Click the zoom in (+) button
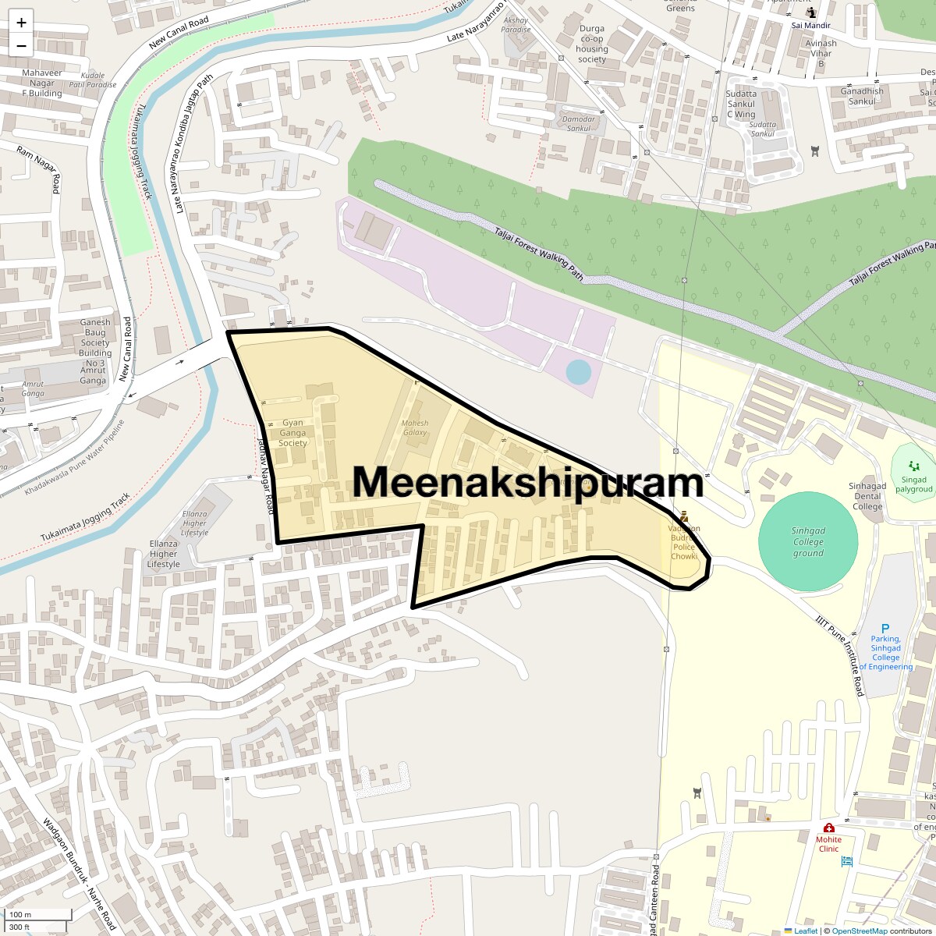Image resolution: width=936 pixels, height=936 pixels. coord(21,23)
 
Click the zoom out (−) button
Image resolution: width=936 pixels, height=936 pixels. coord(21,45)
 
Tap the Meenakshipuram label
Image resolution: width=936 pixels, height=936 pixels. coord(528,482)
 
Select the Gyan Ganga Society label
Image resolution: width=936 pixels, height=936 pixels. coord(293,433)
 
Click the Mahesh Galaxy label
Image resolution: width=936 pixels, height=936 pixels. coord(414,427)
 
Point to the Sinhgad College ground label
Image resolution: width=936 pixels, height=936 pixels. coord(808,542)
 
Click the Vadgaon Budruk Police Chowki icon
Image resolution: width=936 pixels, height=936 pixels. coord(684,516)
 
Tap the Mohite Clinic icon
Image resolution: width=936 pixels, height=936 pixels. coord(828,828)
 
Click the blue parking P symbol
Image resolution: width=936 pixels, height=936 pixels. coord(885,629)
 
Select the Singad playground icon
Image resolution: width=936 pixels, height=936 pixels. coord(913,466)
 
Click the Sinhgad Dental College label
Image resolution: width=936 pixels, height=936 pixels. coord(867,496)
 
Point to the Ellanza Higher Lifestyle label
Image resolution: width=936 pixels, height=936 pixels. coord(163,554)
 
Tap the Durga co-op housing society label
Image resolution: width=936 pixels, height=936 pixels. coord(592,44)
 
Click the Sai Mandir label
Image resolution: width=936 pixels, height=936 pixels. coord(811,25)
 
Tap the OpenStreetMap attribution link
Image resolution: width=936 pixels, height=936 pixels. coord(859,931)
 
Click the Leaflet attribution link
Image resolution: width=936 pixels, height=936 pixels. coord(805,931)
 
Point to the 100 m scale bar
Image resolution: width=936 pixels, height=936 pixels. coord(39,915)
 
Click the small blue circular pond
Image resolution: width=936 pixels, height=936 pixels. coord(578,372)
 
